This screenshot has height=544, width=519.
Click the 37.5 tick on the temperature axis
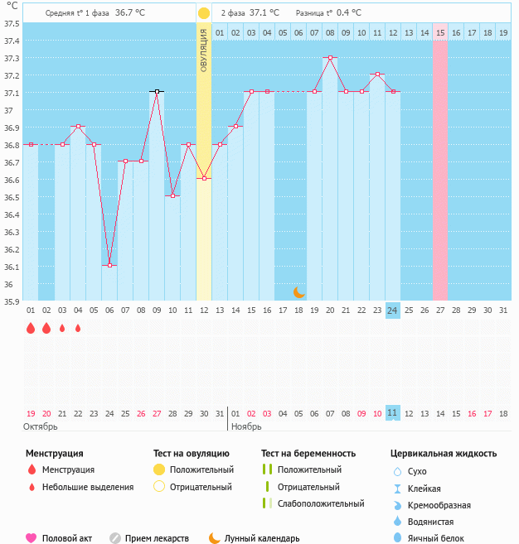coord(11,22)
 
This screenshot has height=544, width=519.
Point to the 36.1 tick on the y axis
coord(11,267)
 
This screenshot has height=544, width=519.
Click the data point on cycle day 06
coord(109,266)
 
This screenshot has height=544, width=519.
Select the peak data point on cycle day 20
coord(330,57)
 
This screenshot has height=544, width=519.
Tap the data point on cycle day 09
coord(157,91)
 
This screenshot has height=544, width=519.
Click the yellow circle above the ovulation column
coord(204,13)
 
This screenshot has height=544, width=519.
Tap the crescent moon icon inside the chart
coord(299,291)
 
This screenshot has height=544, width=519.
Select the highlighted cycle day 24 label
coord(393,310)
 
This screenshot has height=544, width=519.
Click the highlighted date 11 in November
coord(393,412)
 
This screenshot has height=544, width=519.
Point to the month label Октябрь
coord(40,426)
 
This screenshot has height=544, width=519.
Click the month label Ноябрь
coord(246,426)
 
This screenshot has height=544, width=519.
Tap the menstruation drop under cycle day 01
coord(31,328)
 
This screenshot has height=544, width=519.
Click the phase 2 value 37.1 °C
coord(264,13)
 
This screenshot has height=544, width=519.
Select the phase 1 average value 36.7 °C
coord(130,13)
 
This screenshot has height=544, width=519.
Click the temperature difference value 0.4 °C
coord(349,13)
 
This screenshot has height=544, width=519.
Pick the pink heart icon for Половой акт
coord(32,538)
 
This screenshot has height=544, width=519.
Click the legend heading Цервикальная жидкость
coord(444,453)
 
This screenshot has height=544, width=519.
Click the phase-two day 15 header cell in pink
coord(440,32)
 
